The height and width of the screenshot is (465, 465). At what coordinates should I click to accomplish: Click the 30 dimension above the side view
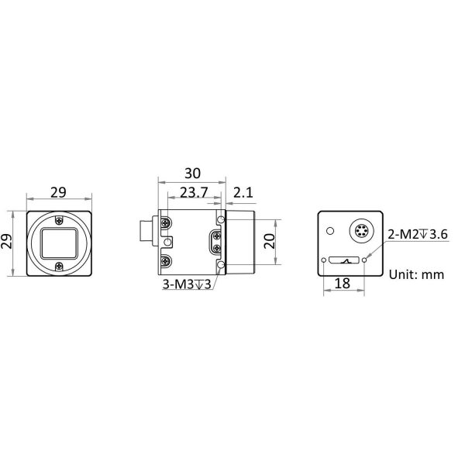(192, 173)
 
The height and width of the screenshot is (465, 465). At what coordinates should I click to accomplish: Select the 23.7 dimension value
(194, 193)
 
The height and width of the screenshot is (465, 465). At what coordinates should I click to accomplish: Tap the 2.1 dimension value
(243, 193)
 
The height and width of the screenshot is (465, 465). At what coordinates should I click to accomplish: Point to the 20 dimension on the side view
(270, 241)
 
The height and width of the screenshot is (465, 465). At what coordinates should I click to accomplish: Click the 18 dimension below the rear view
(343, 284)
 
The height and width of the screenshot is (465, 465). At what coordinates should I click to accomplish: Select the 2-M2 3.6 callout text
(418, 235)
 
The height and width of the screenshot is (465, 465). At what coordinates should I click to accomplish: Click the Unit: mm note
(416, 274)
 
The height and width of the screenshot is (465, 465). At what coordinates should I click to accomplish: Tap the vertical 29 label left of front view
(6, 241)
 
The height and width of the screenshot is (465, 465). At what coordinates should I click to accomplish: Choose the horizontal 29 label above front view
(58, 193)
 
